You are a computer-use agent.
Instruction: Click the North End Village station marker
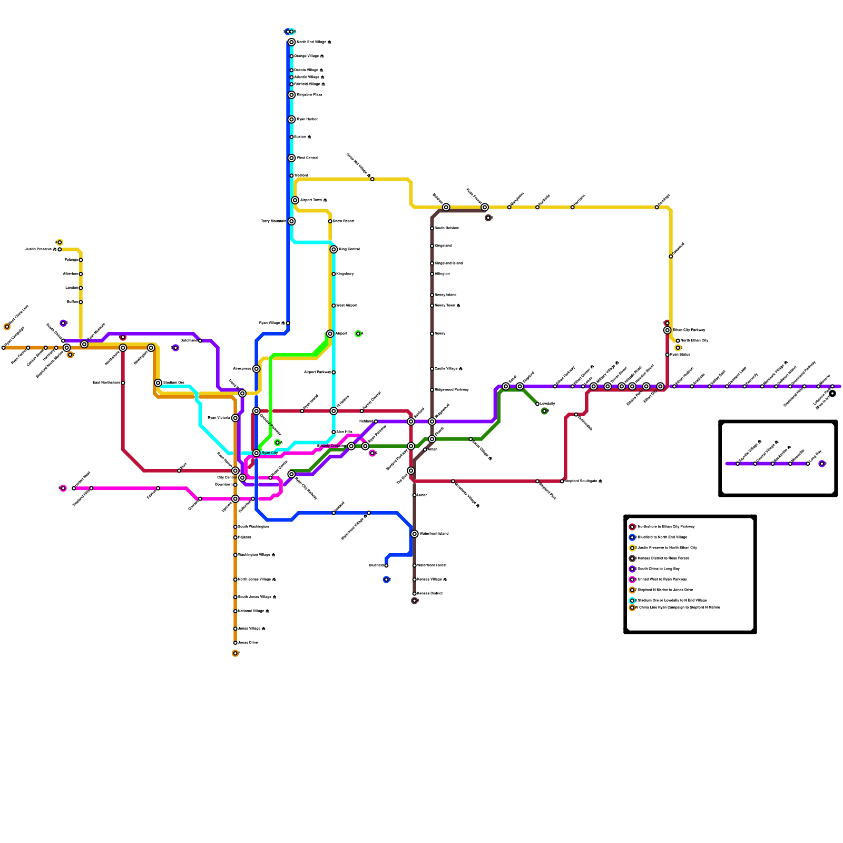[291, 42]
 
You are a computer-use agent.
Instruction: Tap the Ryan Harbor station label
[307, 120]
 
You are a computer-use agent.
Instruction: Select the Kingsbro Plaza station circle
[291, 95]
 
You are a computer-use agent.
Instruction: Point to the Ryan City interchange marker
[257, 453]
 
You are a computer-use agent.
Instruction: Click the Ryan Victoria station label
[219, 418]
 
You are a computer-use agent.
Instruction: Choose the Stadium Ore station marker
[158, 383]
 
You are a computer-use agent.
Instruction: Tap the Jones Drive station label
[248, 643]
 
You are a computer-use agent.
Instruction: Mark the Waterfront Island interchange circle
[415, 534]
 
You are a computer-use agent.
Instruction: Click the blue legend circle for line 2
[632, 537]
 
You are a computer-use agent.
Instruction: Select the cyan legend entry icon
[632, 601]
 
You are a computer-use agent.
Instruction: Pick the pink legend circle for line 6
[632, 580]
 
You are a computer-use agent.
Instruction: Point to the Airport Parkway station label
[318, 373]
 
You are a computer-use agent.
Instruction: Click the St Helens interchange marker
[334, 411]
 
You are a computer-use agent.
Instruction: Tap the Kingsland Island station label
[448, 263]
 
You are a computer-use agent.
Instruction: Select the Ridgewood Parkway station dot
[432, 390]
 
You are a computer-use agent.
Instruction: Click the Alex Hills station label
[345, 432]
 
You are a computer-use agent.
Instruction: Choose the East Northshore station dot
[123, 383]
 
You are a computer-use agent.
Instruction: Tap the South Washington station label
[253, 527]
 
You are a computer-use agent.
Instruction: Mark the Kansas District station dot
[415, 594]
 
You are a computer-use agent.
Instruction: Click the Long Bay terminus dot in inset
[808, 464]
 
